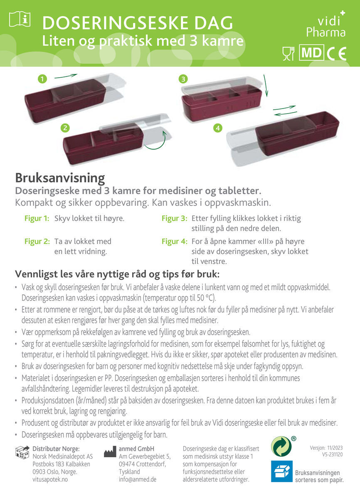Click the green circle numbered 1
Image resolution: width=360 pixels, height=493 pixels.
point(42,79)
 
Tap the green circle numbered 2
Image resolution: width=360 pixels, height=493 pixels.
point(65,128)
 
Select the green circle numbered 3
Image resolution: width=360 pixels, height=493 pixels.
point(183,79)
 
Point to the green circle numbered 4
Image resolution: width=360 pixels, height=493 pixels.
point(218,128)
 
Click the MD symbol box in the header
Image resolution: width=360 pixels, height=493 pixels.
point(311,53)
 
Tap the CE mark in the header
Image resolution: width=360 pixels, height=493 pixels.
point(337,54)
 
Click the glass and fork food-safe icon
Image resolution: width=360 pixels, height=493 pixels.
point(288,54)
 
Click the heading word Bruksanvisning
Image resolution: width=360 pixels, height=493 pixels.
point(60,178)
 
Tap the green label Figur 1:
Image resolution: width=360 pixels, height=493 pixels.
point(37,218)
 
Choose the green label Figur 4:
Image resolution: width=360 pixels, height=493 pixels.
point(175,241)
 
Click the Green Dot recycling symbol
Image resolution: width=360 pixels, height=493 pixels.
point(281,446)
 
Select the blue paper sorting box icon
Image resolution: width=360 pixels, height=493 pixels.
point(282,471)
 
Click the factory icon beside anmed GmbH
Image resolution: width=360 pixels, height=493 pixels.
point(110,452)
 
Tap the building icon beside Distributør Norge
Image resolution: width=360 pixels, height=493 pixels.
point(22,452)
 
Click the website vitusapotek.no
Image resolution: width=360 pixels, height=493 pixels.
point(50,479)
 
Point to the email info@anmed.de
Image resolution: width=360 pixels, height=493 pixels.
point(138,479)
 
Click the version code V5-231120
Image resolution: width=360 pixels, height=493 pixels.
point(332,455)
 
